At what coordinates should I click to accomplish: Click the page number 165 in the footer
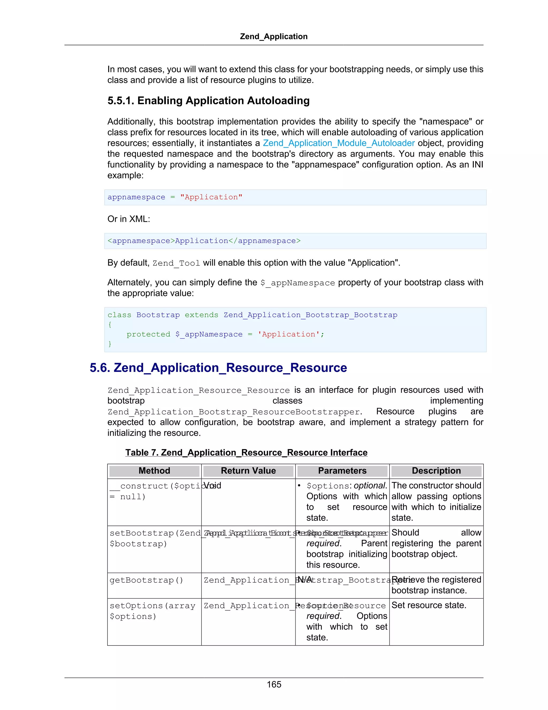pyautogui.click(x=274, y=684)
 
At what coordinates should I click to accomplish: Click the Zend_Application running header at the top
pyautogui.click(x=274, y=36)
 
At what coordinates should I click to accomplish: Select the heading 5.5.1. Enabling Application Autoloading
pyautogui.click(x=208, y=101)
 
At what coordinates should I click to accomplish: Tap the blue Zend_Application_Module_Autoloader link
pyautogui.click(x=338, y=143)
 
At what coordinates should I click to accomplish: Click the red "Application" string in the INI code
pyautogui.click(x=211, y=197)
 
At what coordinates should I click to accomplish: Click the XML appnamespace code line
pyautogui.click(x=204, y=241)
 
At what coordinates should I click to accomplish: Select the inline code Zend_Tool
pyautogui.click(x=176, y=263)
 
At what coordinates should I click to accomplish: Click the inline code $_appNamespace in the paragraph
pyautogui.click(x=297, y=283)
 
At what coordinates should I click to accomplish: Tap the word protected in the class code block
pyautogui.click(x=148, y=335)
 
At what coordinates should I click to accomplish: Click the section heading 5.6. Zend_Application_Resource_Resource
pyautogui.click(x=218, y=368)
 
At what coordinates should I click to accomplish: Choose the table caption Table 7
pyautogui.click(x=246, y=453)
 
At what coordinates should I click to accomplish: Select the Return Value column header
pyautogui.click(x=248, y=471)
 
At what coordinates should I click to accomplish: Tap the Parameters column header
pyautogui.click(x=342, y=471)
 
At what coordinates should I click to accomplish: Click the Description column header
pyautogui.click(x=436, y=471)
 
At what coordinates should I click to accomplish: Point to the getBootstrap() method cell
pyautogui.click(x=146, y=580)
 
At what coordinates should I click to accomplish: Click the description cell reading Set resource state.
pyautogui.click(x=429, y=605)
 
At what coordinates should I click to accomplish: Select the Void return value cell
pyautogui.click(x=213, y=486)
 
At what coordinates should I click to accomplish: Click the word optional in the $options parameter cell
pyautogui.click(x=370, y=486)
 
